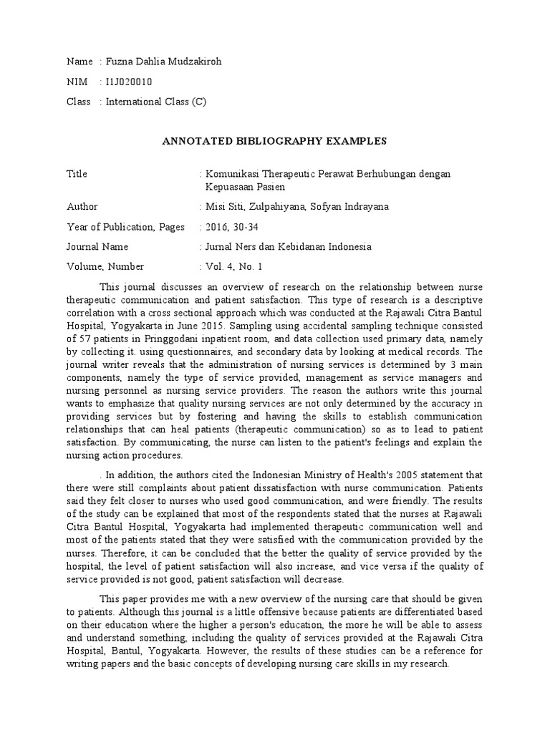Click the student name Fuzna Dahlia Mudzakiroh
click(164, 62)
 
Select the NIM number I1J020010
click(129, 82)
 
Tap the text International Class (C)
click(155, 102)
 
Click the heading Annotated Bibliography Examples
click(275, 141)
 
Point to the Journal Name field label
click(97, 247)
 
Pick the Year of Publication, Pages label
click(125, 227)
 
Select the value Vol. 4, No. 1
click(235, 267)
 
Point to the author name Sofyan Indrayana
click(357, 207)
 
